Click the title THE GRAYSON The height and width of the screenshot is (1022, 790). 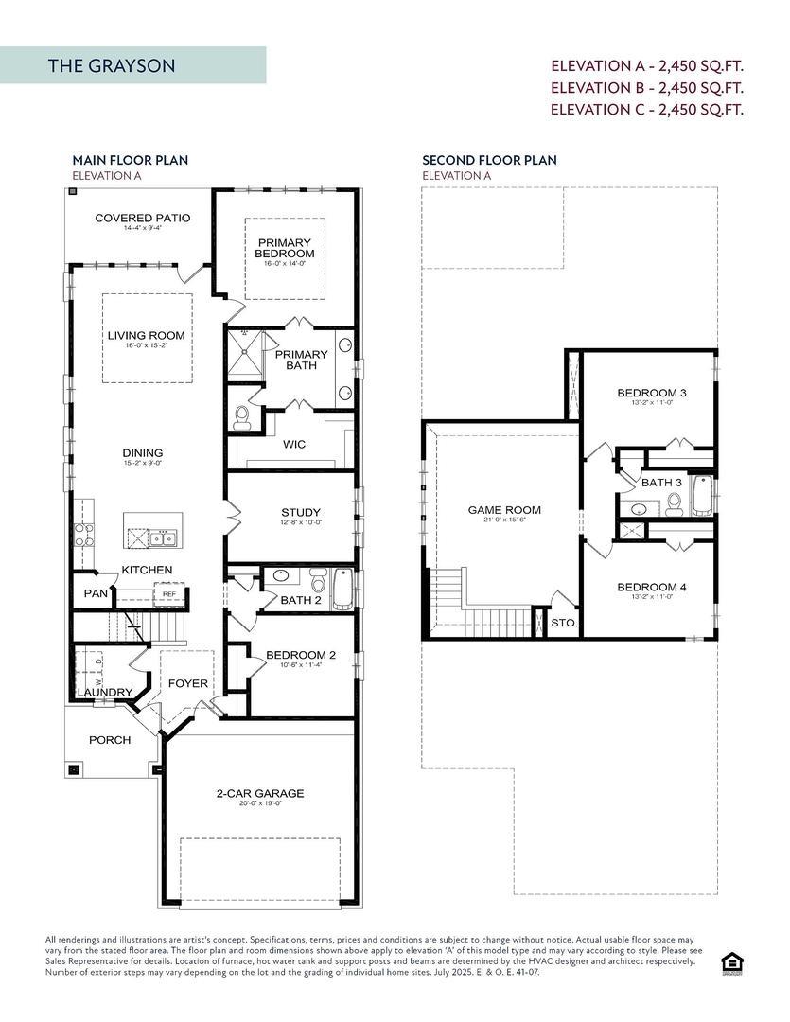click(x=112, y=66)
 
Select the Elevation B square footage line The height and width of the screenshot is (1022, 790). click(x=647, y=87)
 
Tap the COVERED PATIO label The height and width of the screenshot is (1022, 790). click(x=142, y=219)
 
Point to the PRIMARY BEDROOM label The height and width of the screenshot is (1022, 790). click(x=285, y=248)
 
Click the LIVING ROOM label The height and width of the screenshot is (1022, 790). click(x=146, y=336)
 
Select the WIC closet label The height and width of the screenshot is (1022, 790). click(x=293, y=444)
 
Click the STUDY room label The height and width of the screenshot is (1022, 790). click(x=300, y=513)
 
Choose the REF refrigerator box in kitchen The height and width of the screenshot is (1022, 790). click(x=170, y=594)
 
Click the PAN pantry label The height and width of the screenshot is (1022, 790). click(x=95, y=593)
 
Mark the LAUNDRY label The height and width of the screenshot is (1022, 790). click(x=104, y=693)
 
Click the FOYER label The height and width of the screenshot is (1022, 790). click(x=188, y=683)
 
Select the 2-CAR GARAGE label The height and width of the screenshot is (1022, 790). click(x=259, y=793)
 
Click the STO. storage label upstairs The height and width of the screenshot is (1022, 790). click(x=563, y=623)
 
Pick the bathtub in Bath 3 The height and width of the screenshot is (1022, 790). click(x=701, y=495)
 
